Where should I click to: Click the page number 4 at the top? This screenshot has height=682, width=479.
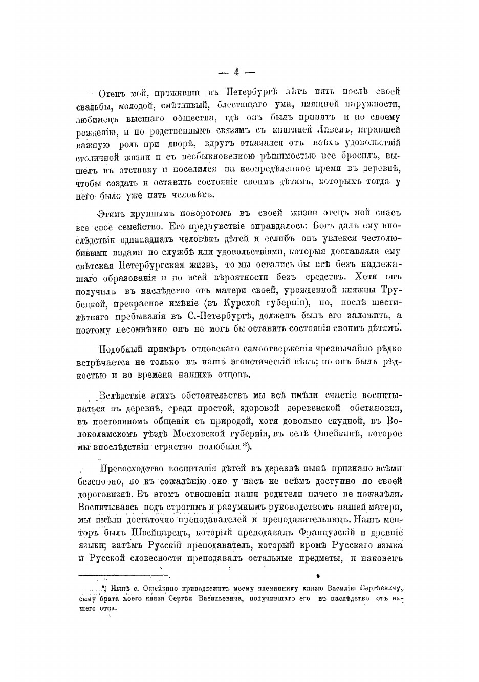236,72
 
